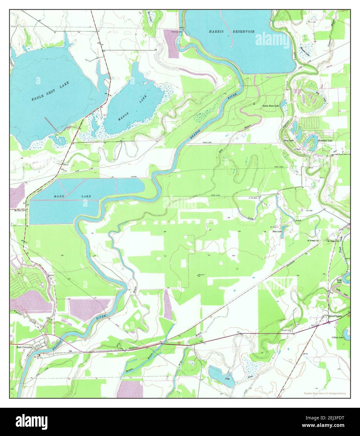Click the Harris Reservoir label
232,32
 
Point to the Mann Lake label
72,196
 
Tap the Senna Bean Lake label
271,106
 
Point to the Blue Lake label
277,231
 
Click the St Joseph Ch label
313,241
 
